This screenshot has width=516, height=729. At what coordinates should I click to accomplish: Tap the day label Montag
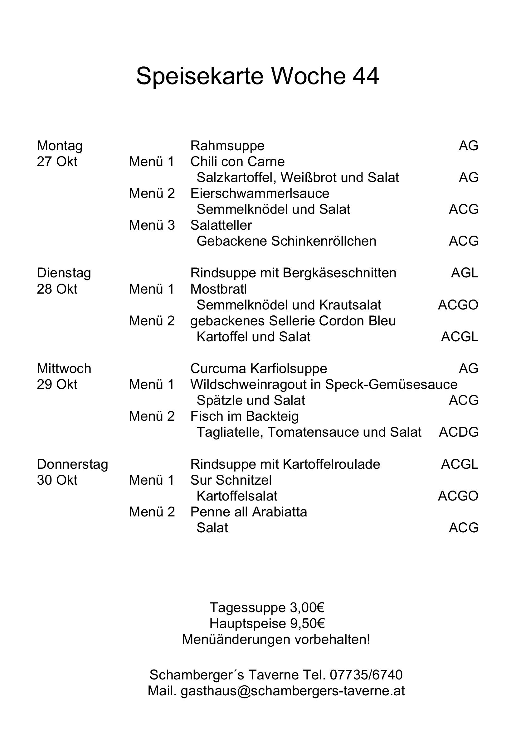pos(60,146)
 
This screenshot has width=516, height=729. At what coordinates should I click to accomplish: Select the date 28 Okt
pos(57,289)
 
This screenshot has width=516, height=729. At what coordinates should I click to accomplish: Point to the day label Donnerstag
pos(72,464)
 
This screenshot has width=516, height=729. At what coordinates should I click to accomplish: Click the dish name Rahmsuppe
pos(227,146)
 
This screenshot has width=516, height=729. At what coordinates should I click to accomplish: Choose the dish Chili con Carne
pos(237,162)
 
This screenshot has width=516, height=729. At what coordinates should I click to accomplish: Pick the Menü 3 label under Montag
pos(152,225)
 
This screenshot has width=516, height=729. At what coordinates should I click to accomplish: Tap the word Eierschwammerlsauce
pos(260,194)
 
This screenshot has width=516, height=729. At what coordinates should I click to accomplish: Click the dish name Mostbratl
pos(218,289)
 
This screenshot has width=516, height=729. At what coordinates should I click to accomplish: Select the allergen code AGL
pos(465,273)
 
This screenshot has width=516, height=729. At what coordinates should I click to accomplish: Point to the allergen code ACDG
pos(459,433)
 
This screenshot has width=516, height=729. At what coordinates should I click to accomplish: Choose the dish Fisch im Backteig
pos(244,417)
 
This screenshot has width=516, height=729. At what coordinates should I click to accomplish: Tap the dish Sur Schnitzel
pos(231,480)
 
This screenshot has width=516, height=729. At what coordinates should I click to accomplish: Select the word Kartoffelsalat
pos(237,496)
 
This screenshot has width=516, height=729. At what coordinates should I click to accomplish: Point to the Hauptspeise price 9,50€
pos(307,624)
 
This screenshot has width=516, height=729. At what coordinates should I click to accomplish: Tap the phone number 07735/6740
pos(366,675)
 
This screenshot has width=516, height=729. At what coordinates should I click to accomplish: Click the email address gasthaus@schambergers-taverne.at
pos(293,691)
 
